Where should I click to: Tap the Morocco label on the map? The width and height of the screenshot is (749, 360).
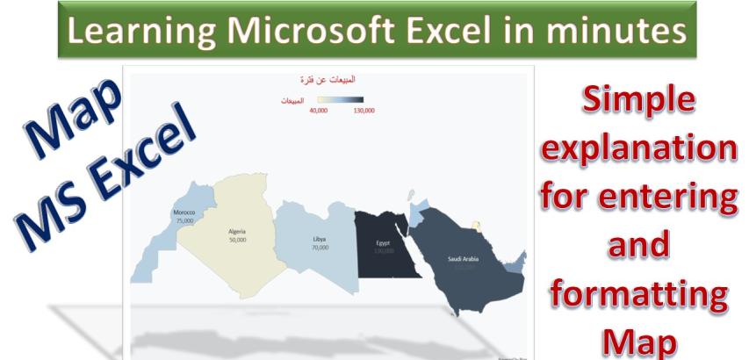(x=184, y=213)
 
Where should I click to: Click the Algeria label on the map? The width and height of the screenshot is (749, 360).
(x=237, y=231)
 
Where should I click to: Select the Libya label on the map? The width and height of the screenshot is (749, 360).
(x=319, y=240)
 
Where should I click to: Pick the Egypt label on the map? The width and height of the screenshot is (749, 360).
(x=384, y=243)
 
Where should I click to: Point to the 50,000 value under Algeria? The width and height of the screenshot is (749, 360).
(x=237, y=239)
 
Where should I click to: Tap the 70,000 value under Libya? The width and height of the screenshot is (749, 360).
(x=320, y=248)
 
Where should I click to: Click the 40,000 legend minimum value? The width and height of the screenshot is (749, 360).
(x=319, y=111)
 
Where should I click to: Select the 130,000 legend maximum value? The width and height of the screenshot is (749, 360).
(x=363, y=111)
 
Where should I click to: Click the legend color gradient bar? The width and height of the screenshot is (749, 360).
(x=341, y=100)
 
